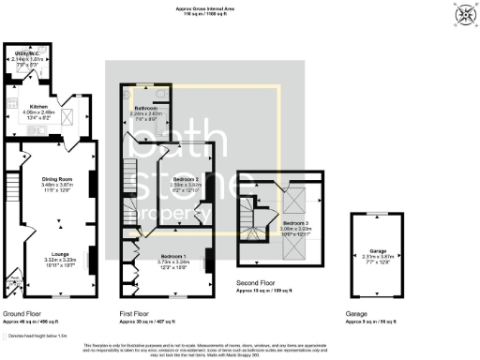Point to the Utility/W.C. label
coord(26,54)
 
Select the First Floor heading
coord(135,313)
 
